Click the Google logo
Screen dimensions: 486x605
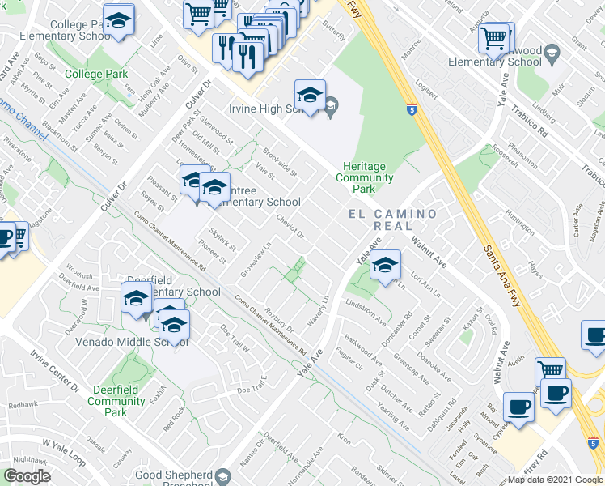coord(27,477)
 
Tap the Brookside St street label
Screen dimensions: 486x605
coord(280,162)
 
